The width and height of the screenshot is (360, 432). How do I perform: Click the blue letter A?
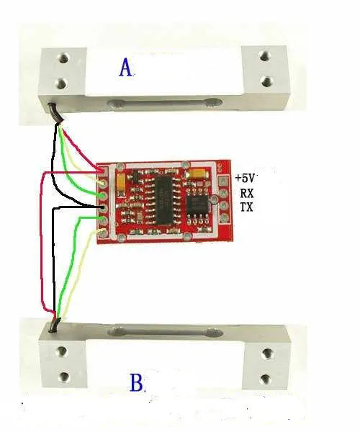click(125, 68)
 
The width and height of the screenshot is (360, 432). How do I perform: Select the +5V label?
click(245, 178)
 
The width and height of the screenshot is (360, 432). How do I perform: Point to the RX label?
click(247, 193)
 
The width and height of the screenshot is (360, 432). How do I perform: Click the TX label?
click(247, 207)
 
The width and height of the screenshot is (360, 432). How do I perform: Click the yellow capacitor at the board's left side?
click(121, 183)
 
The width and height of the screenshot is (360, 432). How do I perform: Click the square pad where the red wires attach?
click(103, 171)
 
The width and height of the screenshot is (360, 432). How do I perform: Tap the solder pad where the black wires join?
click(104, 208)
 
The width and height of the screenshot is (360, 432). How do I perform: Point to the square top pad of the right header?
click(223, 181)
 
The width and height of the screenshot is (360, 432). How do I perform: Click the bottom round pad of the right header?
click(223, 217)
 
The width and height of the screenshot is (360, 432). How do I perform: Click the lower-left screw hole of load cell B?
click(64, 376)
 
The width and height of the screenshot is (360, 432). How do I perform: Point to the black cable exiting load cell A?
click(56, 113)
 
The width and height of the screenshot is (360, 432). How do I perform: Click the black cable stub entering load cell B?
click(54, 325)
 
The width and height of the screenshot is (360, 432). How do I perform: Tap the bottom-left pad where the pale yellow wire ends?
click(103, 233)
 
